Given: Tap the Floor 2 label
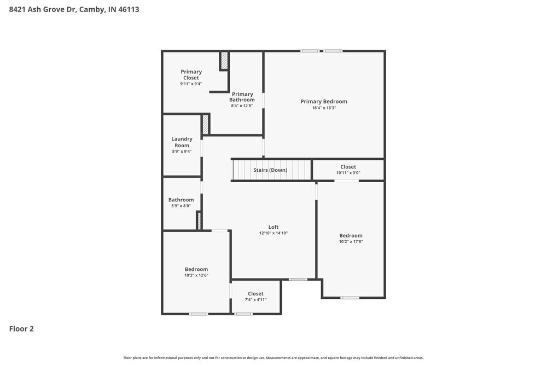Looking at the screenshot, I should pos(21,329).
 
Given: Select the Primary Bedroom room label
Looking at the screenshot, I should pos(324,101).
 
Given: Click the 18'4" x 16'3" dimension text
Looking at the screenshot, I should pos(324,108).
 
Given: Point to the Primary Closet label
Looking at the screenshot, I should pos(191,75).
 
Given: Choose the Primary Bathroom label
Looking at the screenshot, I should pos(242,97).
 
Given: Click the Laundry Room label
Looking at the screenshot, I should pos(182,142).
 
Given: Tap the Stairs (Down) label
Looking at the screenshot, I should pos(270,170).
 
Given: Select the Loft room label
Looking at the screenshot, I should pos(273,227).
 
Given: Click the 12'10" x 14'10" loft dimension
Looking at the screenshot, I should pos(273,233).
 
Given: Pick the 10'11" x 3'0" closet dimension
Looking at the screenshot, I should pos(348,173).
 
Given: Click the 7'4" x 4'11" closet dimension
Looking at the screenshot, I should pos(255,300).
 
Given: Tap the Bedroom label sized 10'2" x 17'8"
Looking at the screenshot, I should pos(351,235).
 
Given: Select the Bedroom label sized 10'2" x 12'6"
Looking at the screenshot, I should pos(196,269).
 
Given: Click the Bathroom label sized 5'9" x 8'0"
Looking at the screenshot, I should pos(181,200).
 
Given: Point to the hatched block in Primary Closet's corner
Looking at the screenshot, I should pos(224,61).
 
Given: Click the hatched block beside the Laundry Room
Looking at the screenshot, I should pos(206,124).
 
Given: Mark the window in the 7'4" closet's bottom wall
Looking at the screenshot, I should pos(243,314).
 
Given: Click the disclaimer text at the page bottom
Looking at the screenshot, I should pos(273,358).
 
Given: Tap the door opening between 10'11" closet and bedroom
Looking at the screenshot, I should pos(347,181).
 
